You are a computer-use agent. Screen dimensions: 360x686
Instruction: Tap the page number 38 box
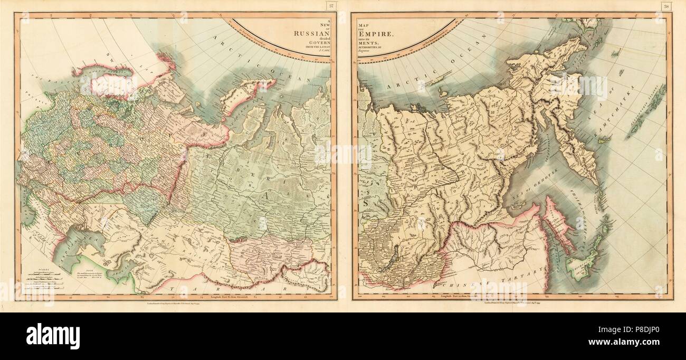666,6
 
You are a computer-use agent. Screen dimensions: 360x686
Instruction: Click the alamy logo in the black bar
53,335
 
